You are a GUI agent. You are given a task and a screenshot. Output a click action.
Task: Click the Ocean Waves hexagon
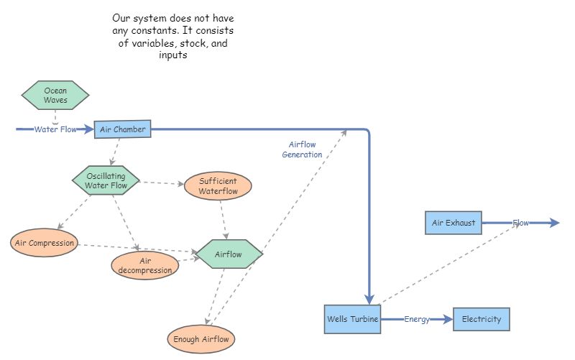[x=55, y=96]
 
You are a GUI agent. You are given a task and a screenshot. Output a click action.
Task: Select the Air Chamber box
[x=123, y=129]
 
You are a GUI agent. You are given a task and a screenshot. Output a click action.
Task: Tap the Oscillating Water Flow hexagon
[x=106, y=180]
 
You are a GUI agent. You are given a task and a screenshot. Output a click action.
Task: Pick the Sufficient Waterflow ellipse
[x=218, y=186]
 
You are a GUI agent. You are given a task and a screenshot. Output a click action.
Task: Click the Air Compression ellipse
[x=45, y=243]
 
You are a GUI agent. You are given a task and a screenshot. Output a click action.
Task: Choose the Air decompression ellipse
[x=145, y=265]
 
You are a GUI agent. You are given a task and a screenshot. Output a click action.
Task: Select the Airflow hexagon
[x=229, y=254]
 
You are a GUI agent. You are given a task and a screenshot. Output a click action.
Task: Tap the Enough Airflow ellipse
[x=201, y=338]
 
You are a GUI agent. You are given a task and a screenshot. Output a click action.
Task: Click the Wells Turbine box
[x=352, y=319]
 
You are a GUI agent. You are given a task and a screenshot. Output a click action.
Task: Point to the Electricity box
[x=482, y=319]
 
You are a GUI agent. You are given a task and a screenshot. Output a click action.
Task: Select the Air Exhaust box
[x=454, y=223]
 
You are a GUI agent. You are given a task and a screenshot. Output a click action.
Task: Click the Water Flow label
[x=55, y=130]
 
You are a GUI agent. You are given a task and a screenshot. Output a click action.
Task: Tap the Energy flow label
[x=417, y=319]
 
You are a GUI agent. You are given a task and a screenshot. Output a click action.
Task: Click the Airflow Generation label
[x=302, y=149]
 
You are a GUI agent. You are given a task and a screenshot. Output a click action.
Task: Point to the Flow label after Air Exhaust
[x=520, y=223]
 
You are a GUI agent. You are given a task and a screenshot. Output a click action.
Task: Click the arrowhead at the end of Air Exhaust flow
[x=553, y=223]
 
